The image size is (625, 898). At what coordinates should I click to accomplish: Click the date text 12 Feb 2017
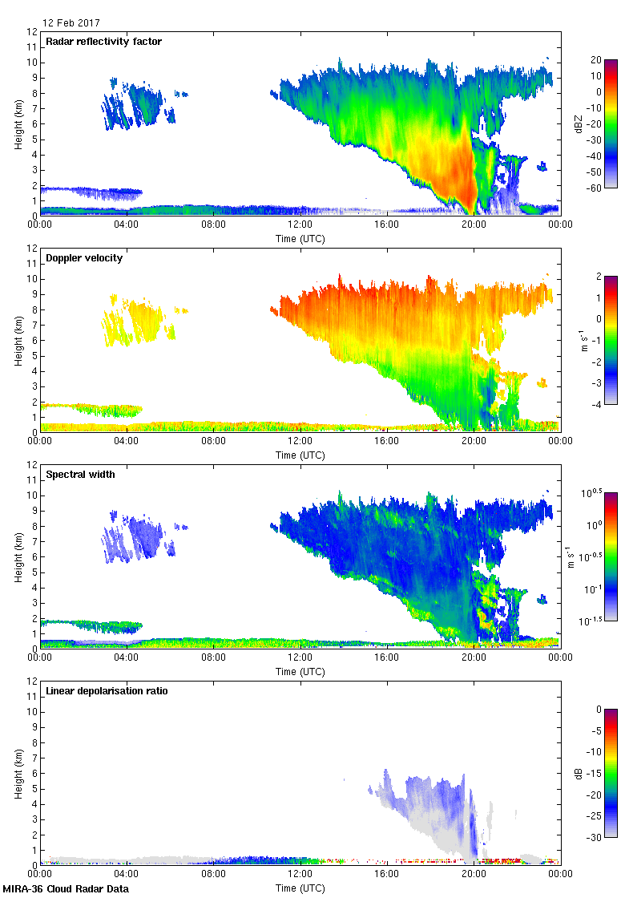72,23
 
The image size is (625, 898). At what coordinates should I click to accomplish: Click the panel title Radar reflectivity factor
104,42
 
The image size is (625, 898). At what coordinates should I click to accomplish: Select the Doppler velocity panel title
81,258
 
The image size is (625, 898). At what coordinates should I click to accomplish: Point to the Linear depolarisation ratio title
107,691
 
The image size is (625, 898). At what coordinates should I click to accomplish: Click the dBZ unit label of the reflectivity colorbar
579,123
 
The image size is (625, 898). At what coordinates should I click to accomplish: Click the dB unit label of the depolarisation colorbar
579,773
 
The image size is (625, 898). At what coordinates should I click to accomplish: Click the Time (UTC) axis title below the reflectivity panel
300,238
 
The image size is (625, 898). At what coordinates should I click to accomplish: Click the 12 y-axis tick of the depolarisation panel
31,681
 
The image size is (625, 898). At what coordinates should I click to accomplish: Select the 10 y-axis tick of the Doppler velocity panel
31,279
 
